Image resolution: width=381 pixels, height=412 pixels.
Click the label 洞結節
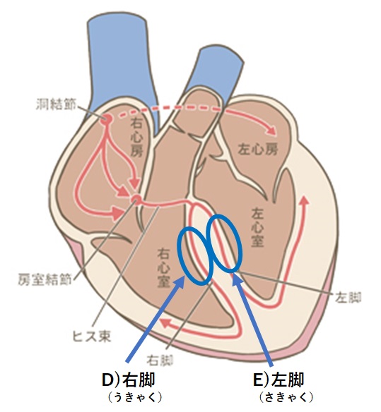click(x=56, y=105)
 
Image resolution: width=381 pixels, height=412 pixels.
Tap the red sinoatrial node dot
click(x=107, y=120)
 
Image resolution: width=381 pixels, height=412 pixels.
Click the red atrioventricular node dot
click(x=136, y=199)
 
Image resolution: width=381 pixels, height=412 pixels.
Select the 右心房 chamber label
click(x=138, y=138)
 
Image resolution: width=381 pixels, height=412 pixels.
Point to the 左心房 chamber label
click(x=258, y=150)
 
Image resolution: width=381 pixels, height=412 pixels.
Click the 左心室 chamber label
click(x=257, y=228)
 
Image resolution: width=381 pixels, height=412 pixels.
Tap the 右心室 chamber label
click(x=164, y=269)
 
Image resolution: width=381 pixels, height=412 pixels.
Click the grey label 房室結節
click(x=45, y=280)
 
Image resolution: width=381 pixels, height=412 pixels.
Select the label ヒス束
click(x=92, y=337)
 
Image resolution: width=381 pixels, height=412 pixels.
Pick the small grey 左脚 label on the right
click(x=348, y=298)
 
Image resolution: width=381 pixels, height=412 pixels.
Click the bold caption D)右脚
click(x=128, y=380)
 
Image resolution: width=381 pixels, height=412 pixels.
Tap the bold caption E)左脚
click(x=279, y=380)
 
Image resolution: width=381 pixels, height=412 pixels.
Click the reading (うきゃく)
click(x=135, y=397)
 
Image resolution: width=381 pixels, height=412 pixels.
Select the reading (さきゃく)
click(x=286, y=397)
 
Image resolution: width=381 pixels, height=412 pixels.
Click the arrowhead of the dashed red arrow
click(x=272, y=131)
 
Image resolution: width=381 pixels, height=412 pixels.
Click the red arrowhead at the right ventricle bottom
click(x=166, y=322)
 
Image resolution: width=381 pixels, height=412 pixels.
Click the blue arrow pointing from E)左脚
click(x=253, y=320)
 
